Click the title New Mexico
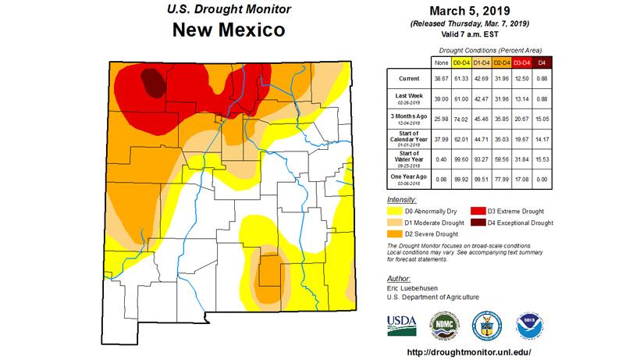tap(229, 31)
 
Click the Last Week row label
tap(408, 94)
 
